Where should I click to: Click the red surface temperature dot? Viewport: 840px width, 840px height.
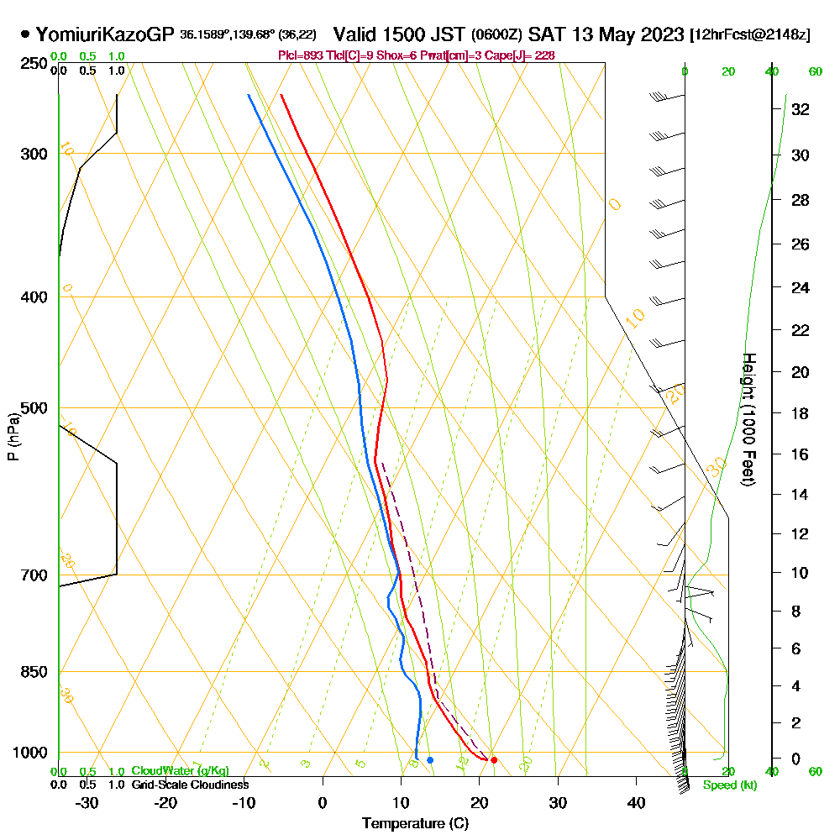pyautogui.click(x=494, y=760)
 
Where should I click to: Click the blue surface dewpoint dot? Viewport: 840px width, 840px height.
pyautogui.click(x=430, y=760)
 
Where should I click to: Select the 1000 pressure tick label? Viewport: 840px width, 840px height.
pyautogui.click(x=29, y=753)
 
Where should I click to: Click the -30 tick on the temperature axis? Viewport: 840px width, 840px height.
pyautogui.click(x=87, y=802)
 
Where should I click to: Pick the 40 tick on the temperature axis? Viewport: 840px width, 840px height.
pyautogui.click(x=636, y=802)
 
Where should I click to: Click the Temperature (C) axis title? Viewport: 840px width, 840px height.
pyautogui.click(x=415, y=824)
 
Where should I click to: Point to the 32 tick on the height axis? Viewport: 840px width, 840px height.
pyautogui.click(x=801, y=109)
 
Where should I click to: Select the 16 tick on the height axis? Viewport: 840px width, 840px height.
pyautogui.click(x=801, y=454)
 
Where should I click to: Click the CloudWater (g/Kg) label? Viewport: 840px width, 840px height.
pyautogui.click(x=180, y=771)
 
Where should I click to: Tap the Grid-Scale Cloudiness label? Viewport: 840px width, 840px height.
pyautogui.click(x=189, y=785)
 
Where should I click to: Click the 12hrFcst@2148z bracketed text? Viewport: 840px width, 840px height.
pyautogui.click(x=749, y=35)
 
